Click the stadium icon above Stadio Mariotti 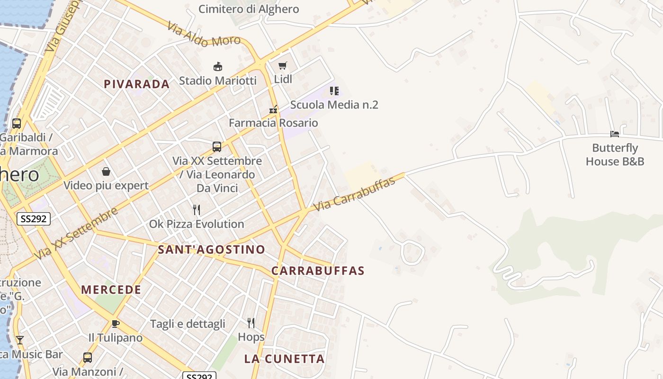click(x=218, y=66)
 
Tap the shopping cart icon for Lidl click(x=283, y=65)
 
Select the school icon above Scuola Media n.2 click(x=334, y=90)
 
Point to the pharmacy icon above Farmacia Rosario click(x=273, y=109)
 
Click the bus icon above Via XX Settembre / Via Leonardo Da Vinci click(x=217, y=147)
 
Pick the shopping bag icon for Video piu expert click(x=106, y=171)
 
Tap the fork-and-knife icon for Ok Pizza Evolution click(x=197, y=210)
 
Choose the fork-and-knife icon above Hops click(x=251, y=323)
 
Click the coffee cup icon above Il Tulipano click(x=115, y=324)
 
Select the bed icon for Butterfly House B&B click(x=615, y=134)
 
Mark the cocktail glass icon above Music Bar click(x=19, y=340)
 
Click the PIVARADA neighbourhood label click(x=136, y=84)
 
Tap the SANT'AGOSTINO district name click(x=211, y=250)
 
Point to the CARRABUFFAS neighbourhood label click(x=318, y=271)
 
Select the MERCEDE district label click(x=111, y=290)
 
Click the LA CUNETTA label click(x=284, y=359)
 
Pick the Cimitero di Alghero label click(x=249, y=9)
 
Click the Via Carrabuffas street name click(x=354, y=195)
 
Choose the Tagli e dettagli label click(x=188, y=324)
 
